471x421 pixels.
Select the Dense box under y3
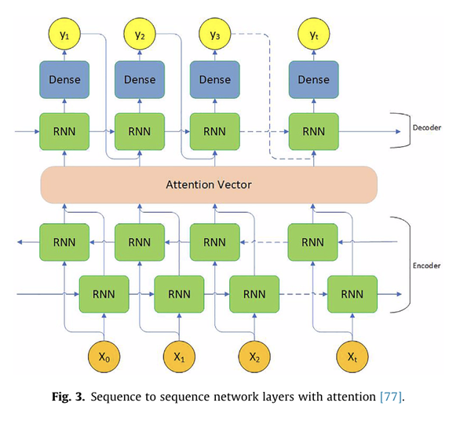tap(215, 80)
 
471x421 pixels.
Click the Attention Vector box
tap(209, 185)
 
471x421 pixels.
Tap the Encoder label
tap(426, 265)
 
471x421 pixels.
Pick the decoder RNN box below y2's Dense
tap(140, 130)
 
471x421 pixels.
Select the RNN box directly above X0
tap(104, 295)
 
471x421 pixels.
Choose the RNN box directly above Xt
tap(351, 295)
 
